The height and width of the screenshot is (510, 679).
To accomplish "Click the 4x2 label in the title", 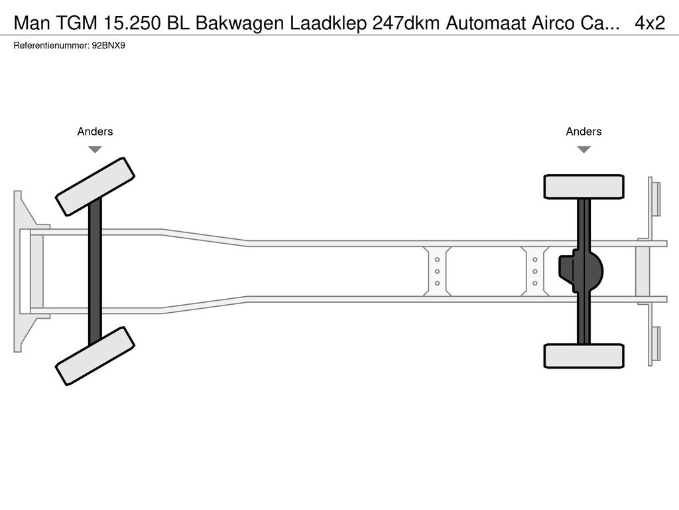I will pos(649,23).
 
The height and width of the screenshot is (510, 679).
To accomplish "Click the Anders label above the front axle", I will pos(95,131).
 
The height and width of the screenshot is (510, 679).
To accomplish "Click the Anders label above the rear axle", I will pos(584,131).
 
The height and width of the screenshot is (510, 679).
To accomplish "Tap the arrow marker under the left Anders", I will pos(95,149).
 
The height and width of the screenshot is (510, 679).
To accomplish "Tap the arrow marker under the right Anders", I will pos(584,149).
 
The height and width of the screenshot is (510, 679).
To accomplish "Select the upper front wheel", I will pos(95,187).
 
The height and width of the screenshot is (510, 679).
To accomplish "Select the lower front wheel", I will pos(95,355).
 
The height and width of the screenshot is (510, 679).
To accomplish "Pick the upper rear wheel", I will pos(584,187).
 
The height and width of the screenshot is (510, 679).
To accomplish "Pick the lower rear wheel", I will pos(584,355).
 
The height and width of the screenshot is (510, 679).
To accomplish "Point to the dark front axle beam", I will pos(95,271).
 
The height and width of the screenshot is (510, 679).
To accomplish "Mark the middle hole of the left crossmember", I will pos(438,271).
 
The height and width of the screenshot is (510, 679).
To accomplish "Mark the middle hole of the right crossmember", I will pos(534,271).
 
